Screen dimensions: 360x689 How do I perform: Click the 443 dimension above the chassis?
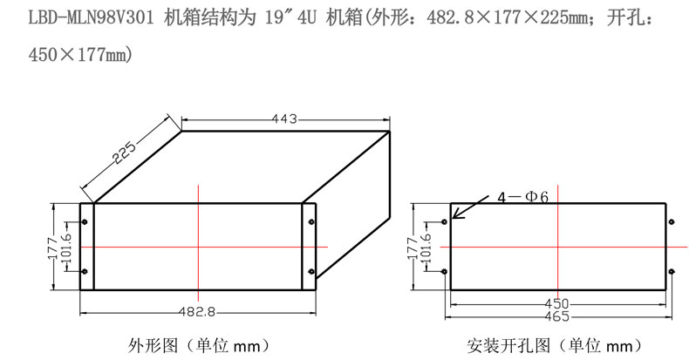point(285,119)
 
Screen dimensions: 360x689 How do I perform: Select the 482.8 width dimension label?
point(200,310)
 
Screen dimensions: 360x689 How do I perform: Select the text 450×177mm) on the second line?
point(66,55)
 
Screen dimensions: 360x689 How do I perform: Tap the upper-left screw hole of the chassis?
point(85,221)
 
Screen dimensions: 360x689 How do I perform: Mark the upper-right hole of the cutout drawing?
point(673,221)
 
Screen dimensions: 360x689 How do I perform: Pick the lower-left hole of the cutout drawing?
point(445,272)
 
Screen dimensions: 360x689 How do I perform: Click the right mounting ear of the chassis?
point(309,247)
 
